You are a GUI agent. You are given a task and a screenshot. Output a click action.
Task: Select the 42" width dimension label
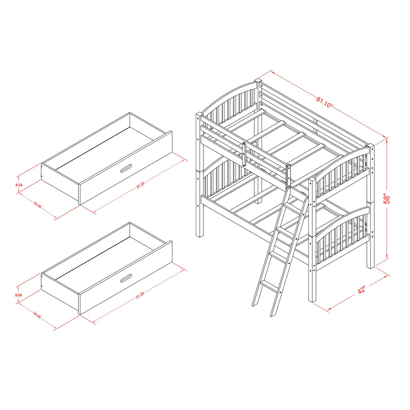363,290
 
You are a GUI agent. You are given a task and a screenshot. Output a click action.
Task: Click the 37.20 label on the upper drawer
140,185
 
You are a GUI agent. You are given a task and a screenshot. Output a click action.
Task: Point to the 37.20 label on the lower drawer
140,296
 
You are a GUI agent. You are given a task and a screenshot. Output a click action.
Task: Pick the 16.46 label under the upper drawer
37,205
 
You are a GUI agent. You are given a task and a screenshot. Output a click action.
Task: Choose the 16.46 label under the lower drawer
37,316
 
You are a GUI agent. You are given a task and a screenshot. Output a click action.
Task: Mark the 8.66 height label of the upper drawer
18,185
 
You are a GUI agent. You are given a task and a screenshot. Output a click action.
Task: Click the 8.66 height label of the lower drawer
18,295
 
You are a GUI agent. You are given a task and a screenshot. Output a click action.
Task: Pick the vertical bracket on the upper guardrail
243,154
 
